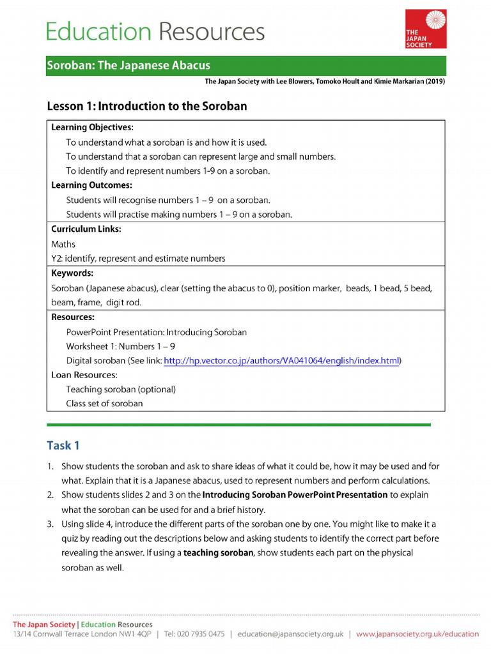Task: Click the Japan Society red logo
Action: click(x=425, y=29)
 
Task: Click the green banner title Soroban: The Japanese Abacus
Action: click(x=128, y=66)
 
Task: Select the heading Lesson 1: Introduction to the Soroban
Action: click(x=147, y=106)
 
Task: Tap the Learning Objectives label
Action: click(x=92, y=127)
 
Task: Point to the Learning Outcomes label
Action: click(x=91, y=185)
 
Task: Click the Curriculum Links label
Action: click(x=86, y=229)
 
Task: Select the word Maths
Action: click(x=63, y=244)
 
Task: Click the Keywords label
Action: click(x=72, y=273)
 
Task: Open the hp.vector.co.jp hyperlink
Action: click(x=281, y=361)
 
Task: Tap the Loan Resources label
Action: click(x=84, y=375)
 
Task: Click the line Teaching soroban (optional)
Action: click(x=121, y=389)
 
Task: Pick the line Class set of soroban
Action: click(x=104, y=404)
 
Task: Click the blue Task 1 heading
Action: click(x=63, y=445)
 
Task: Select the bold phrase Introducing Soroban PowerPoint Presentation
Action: click(x=295, y=495)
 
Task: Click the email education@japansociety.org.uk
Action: click(x=290, y=634)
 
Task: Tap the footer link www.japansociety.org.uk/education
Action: click(x=417, y=634)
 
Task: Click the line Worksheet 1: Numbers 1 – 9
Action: click(x=121, y=346)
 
